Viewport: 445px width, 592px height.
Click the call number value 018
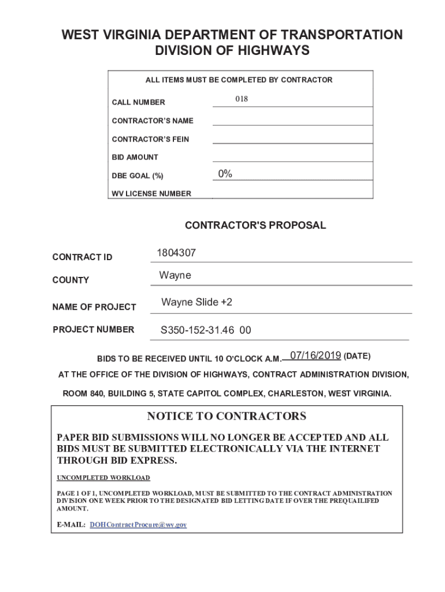[242, 99]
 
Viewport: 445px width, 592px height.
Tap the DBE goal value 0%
[225, 174]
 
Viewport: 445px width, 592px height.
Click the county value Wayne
[175, 276]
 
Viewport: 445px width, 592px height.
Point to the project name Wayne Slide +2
[197, 302]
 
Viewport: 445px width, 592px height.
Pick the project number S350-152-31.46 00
[206, 331]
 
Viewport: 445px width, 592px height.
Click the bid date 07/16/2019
[316, 355]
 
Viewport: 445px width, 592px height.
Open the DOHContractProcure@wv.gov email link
[139, 525]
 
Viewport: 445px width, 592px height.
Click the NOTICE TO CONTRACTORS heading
[227, 416]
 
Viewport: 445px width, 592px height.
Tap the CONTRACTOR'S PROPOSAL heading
[255, 225]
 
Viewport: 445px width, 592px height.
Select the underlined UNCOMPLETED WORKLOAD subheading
[103, 478]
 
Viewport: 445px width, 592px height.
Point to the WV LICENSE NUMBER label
[151, 194]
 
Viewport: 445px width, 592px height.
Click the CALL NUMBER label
[138, 102]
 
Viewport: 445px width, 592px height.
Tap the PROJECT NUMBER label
[94, 330]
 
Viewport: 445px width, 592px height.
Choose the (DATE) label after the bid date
[357, 356]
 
